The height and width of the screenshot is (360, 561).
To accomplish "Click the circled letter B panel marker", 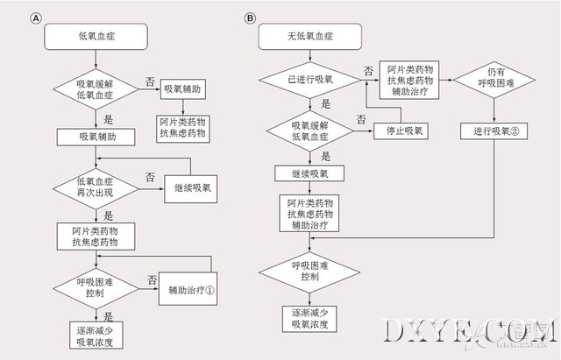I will pyautogui.click(x=250, y=18).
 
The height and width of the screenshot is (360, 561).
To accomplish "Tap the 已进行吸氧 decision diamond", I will pyautogui.click(x=310, y=80).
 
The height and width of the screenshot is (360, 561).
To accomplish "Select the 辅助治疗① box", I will pyautogui.click(x=193, y=292).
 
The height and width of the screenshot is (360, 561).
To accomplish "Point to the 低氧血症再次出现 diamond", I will pyautogui.click(x=96, y=187).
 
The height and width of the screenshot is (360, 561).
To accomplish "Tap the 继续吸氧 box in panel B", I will pyautogui.click(x=310, y=173).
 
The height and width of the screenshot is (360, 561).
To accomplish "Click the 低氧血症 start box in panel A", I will pyautogui.click(x=96, y=38).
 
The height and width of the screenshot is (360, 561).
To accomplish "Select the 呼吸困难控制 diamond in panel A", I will pyautogui.click(x=96, y=286).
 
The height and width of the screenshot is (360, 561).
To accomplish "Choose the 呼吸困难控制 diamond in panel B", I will pyautogui.click(x=310, y=269).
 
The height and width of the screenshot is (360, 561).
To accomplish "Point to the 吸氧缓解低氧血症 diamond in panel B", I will pyautogui.click(x=310, y=131).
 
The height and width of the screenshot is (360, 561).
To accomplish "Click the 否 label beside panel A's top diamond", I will pyautogui.click(x=150, y=81).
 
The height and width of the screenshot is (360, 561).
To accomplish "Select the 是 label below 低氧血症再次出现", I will pyautogui.click(x=108, y=214).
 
